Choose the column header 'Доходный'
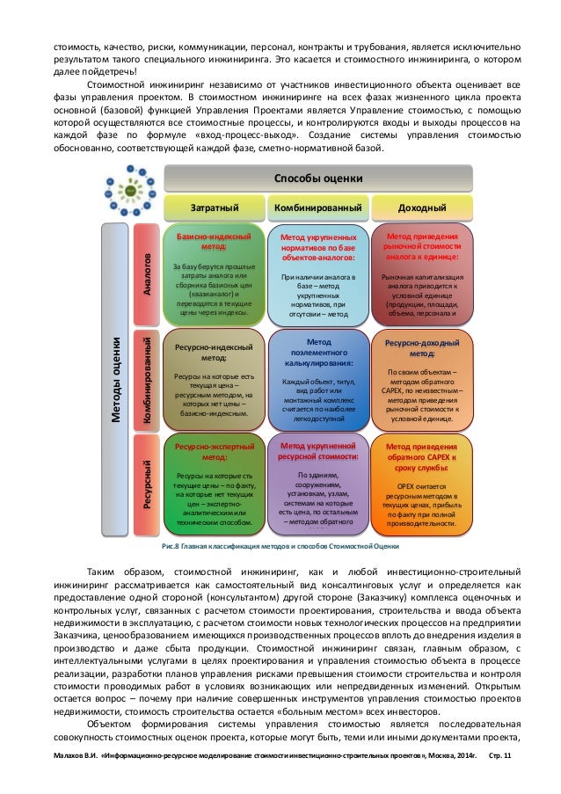click(421, 207)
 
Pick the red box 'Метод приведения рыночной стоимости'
click(421, 274)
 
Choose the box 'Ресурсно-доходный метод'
click(421, 378)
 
